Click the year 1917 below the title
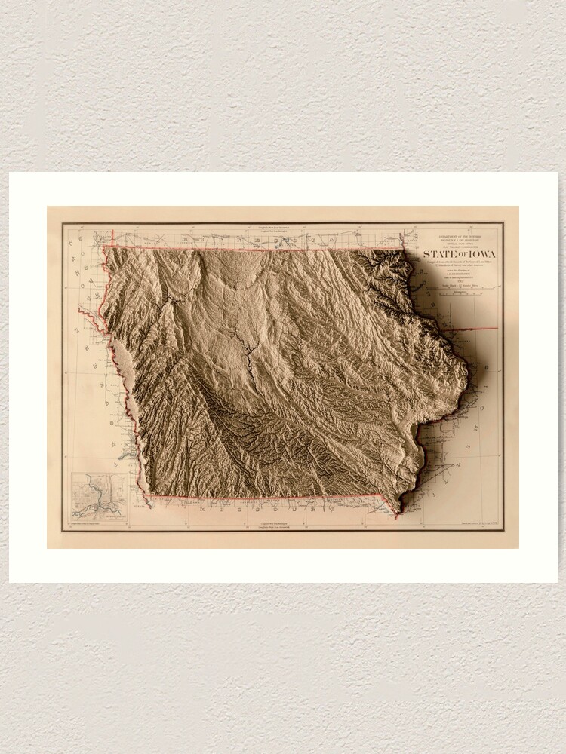coord(461,280)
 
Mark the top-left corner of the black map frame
coord(63,223)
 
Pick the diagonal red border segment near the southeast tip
coord(386,504)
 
